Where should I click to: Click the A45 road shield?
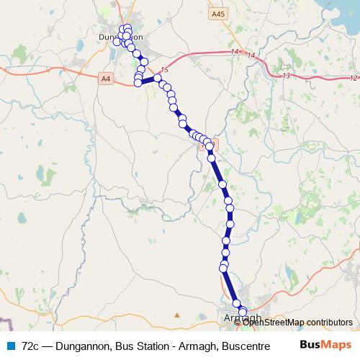[x=218, y=13]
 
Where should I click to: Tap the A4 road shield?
[x=107, y=77]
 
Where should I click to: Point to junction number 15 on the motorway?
[x=165, y=69]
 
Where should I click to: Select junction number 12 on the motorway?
[x=352, y=77]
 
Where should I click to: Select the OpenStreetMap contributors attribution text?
[x=298, y=322]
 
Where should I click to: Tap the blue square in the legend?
[x=10, y=346]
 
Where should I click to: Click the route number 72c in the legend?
[x=32, y=346]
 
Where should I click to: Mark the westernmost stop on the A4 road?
[x=138, y=83]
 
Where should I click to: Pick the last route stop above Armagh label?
[x=236, y=304]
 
